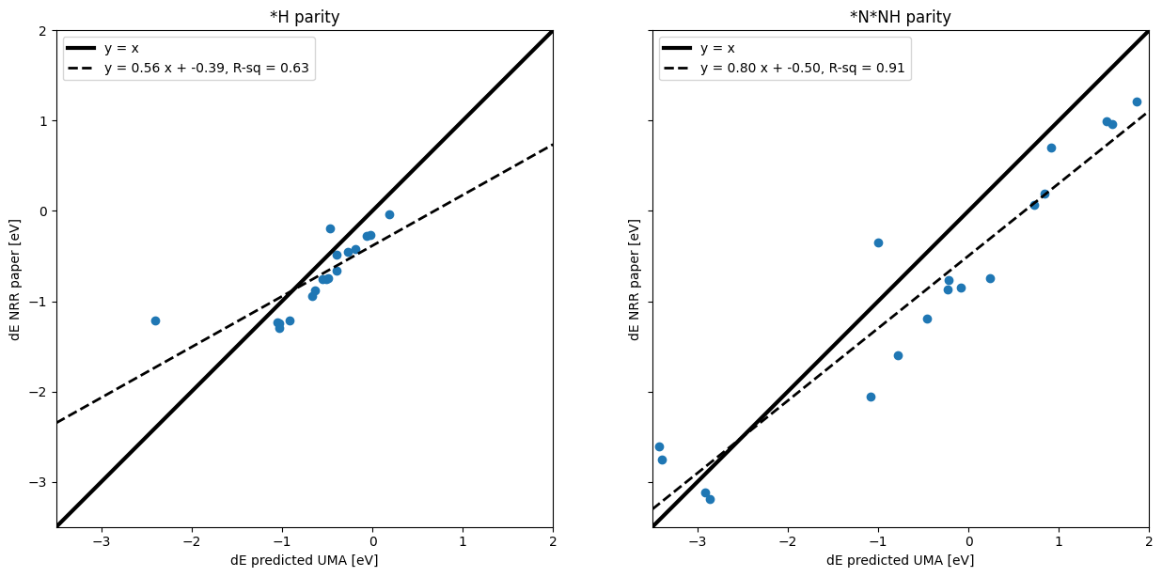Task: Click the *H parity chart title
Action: (305, 17)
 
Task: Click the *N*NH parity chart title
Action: (900, 17)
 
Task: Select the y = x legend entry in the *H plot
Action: (121, 49)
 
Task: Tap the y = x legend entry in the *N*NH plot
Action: (717, 49)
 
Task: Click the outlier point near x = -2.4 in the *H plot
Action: (155, 320)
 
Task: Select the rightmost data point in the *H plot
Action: (389, 214)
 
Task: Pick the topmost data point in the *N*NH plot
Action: (1137, 101)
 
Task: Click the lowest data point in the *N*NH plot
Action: (710, 499)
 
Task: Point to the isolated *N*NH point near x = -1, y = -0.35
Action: (878, 242)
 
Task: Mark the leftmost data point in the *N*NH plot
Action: (659, 446)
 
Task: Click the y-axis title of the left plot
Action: (15, 279)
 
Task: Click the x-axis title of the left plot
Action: (305, 560)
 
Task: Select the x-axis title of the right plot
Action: (900, 560)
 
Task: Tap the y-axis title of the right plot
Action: (635, 279)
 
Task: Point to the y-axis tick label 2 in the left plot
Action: (43, 31)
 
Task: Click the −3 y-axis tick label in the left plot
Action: (40, 482)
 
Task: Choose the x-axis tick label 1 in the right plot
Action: (1059, 541)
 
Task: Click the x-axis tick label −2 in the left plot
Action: (192, 541)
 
